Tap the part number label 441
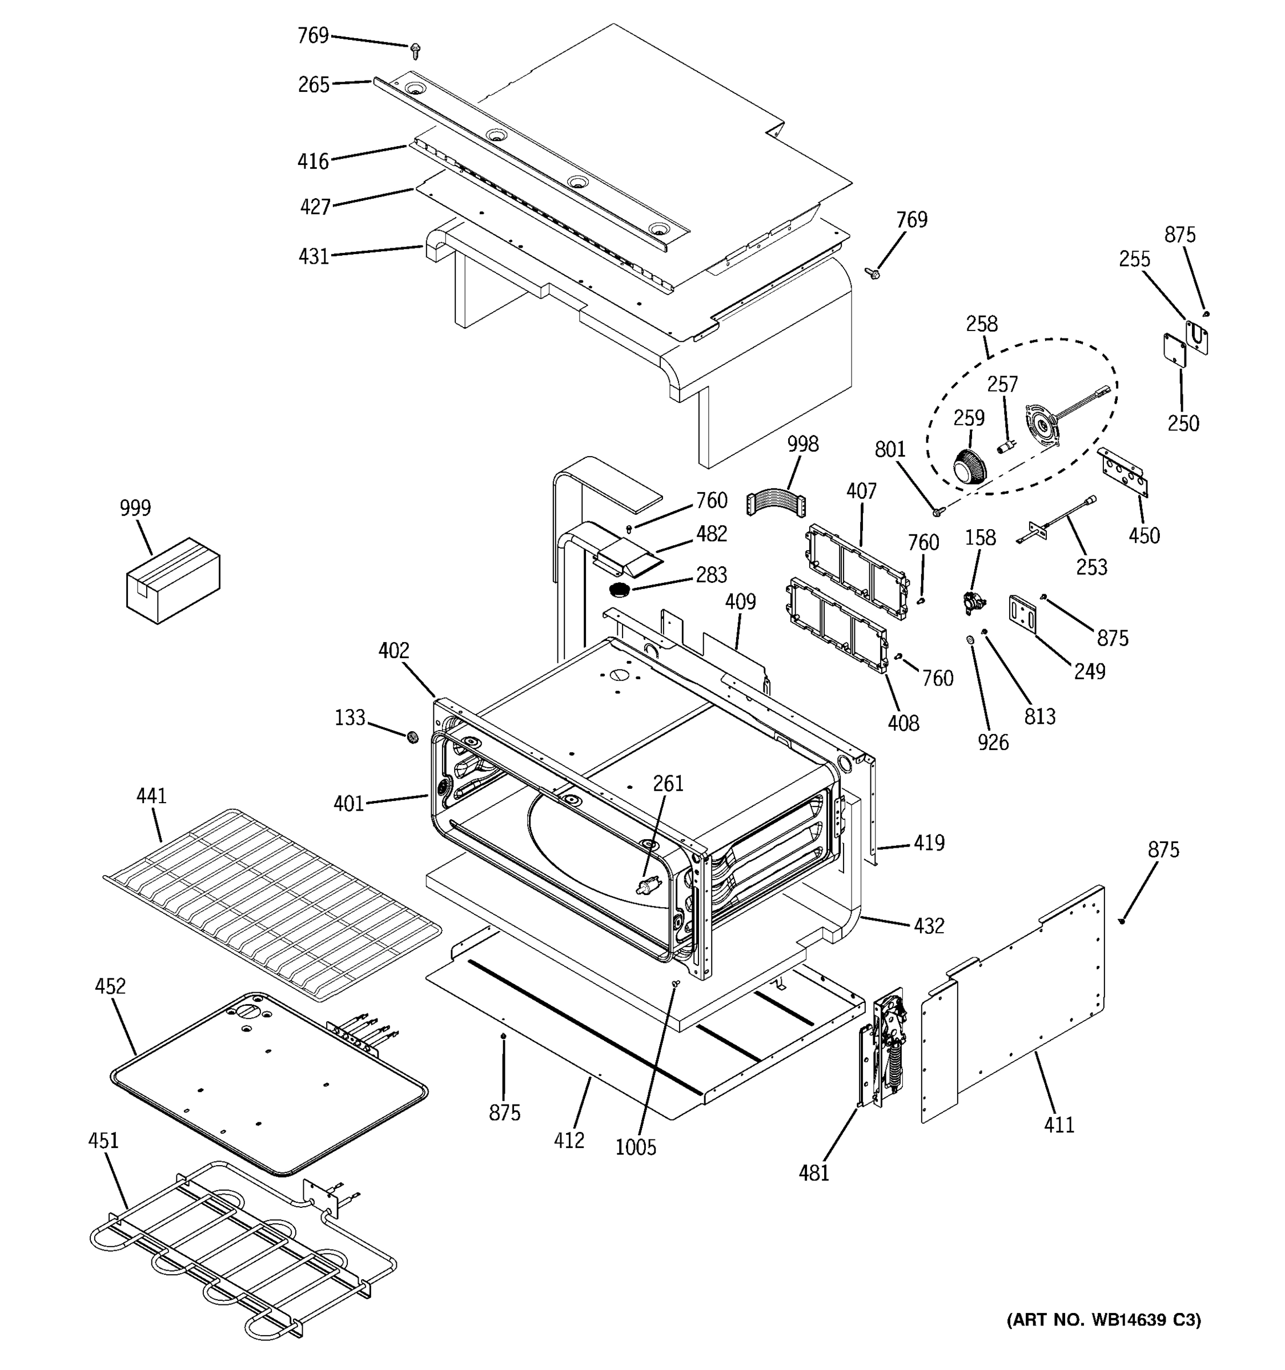(x=151, y=796)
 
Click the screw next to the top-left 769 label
(x=415, y=50)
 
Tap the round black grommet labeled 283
(x=620, y=590)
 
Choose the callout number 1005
(x=635, y=1147)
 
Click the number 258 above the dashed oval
(x=981, y=324)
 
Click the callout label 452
(x=110, y=986)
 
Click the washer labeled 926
(x=971, y=640)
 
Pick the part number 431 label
(x=313, y=256)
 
